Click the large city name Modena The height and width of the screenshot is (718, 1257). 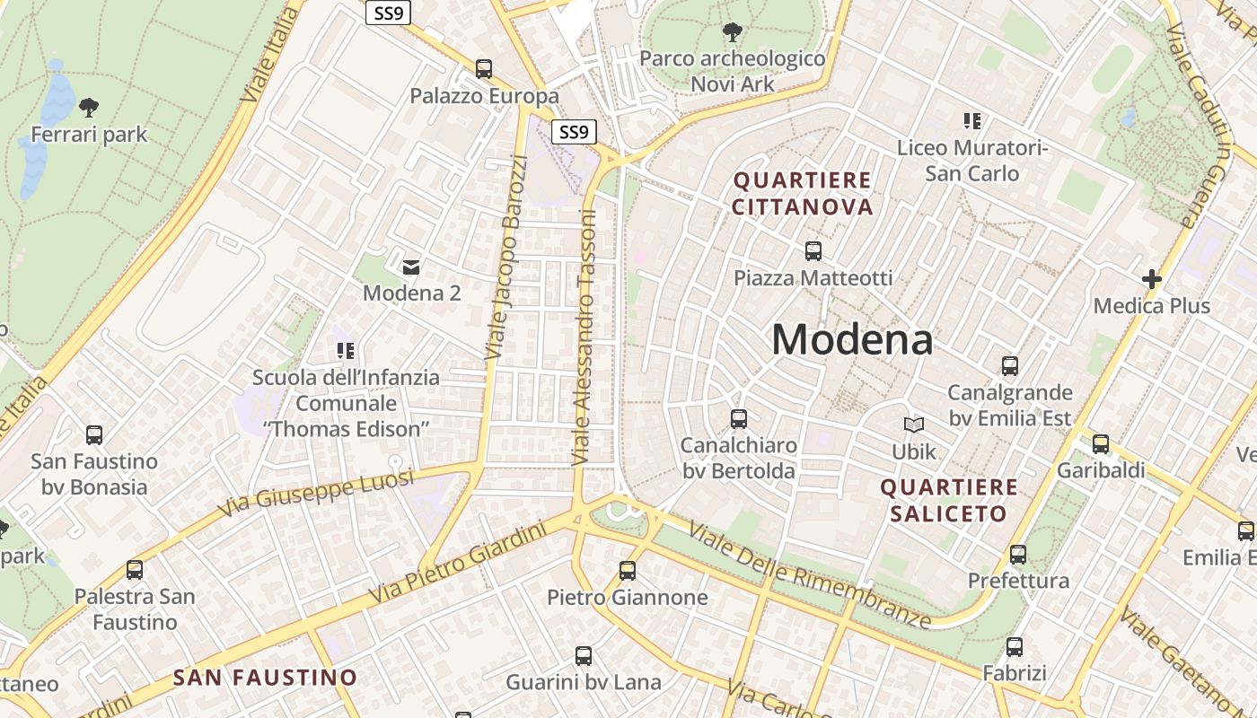[851, 340]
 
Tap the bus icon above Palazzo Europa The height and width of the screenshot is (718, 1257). [484, 69]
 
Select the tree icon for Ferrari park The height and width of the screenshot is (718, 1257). [88, 108]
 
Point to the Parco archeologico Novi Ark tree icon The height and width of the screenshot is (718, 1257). [732, 33]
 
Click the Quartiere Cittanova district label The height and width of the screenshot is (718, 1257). [803, 194]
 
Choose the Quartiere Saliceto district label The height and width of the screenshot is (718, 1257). [949, 501]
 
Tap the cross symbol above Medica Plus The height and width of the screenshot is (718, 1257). [1152, 279]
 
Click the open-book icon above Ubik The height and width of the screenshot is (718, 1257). [914, 425]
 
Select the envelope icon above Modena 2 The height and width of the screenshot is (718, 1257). [411, 267]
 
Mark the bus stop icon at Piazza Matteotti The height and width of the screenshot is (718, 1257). [813, 251]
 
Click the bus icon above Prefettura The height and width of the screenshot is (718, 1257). [1017, 555]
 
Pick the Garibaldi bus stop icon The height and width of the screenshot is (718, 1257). [1101, 443]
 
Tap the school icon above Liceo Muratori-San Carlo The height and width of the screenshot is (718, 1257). [972, 120]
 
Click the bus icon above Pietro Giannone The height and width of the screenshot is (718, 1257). [628, 571]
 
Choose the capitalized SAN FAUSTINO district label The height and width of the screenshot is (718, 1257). [265, 678]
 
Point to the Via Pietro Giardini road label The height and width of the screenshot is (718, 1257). [458, 563]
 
